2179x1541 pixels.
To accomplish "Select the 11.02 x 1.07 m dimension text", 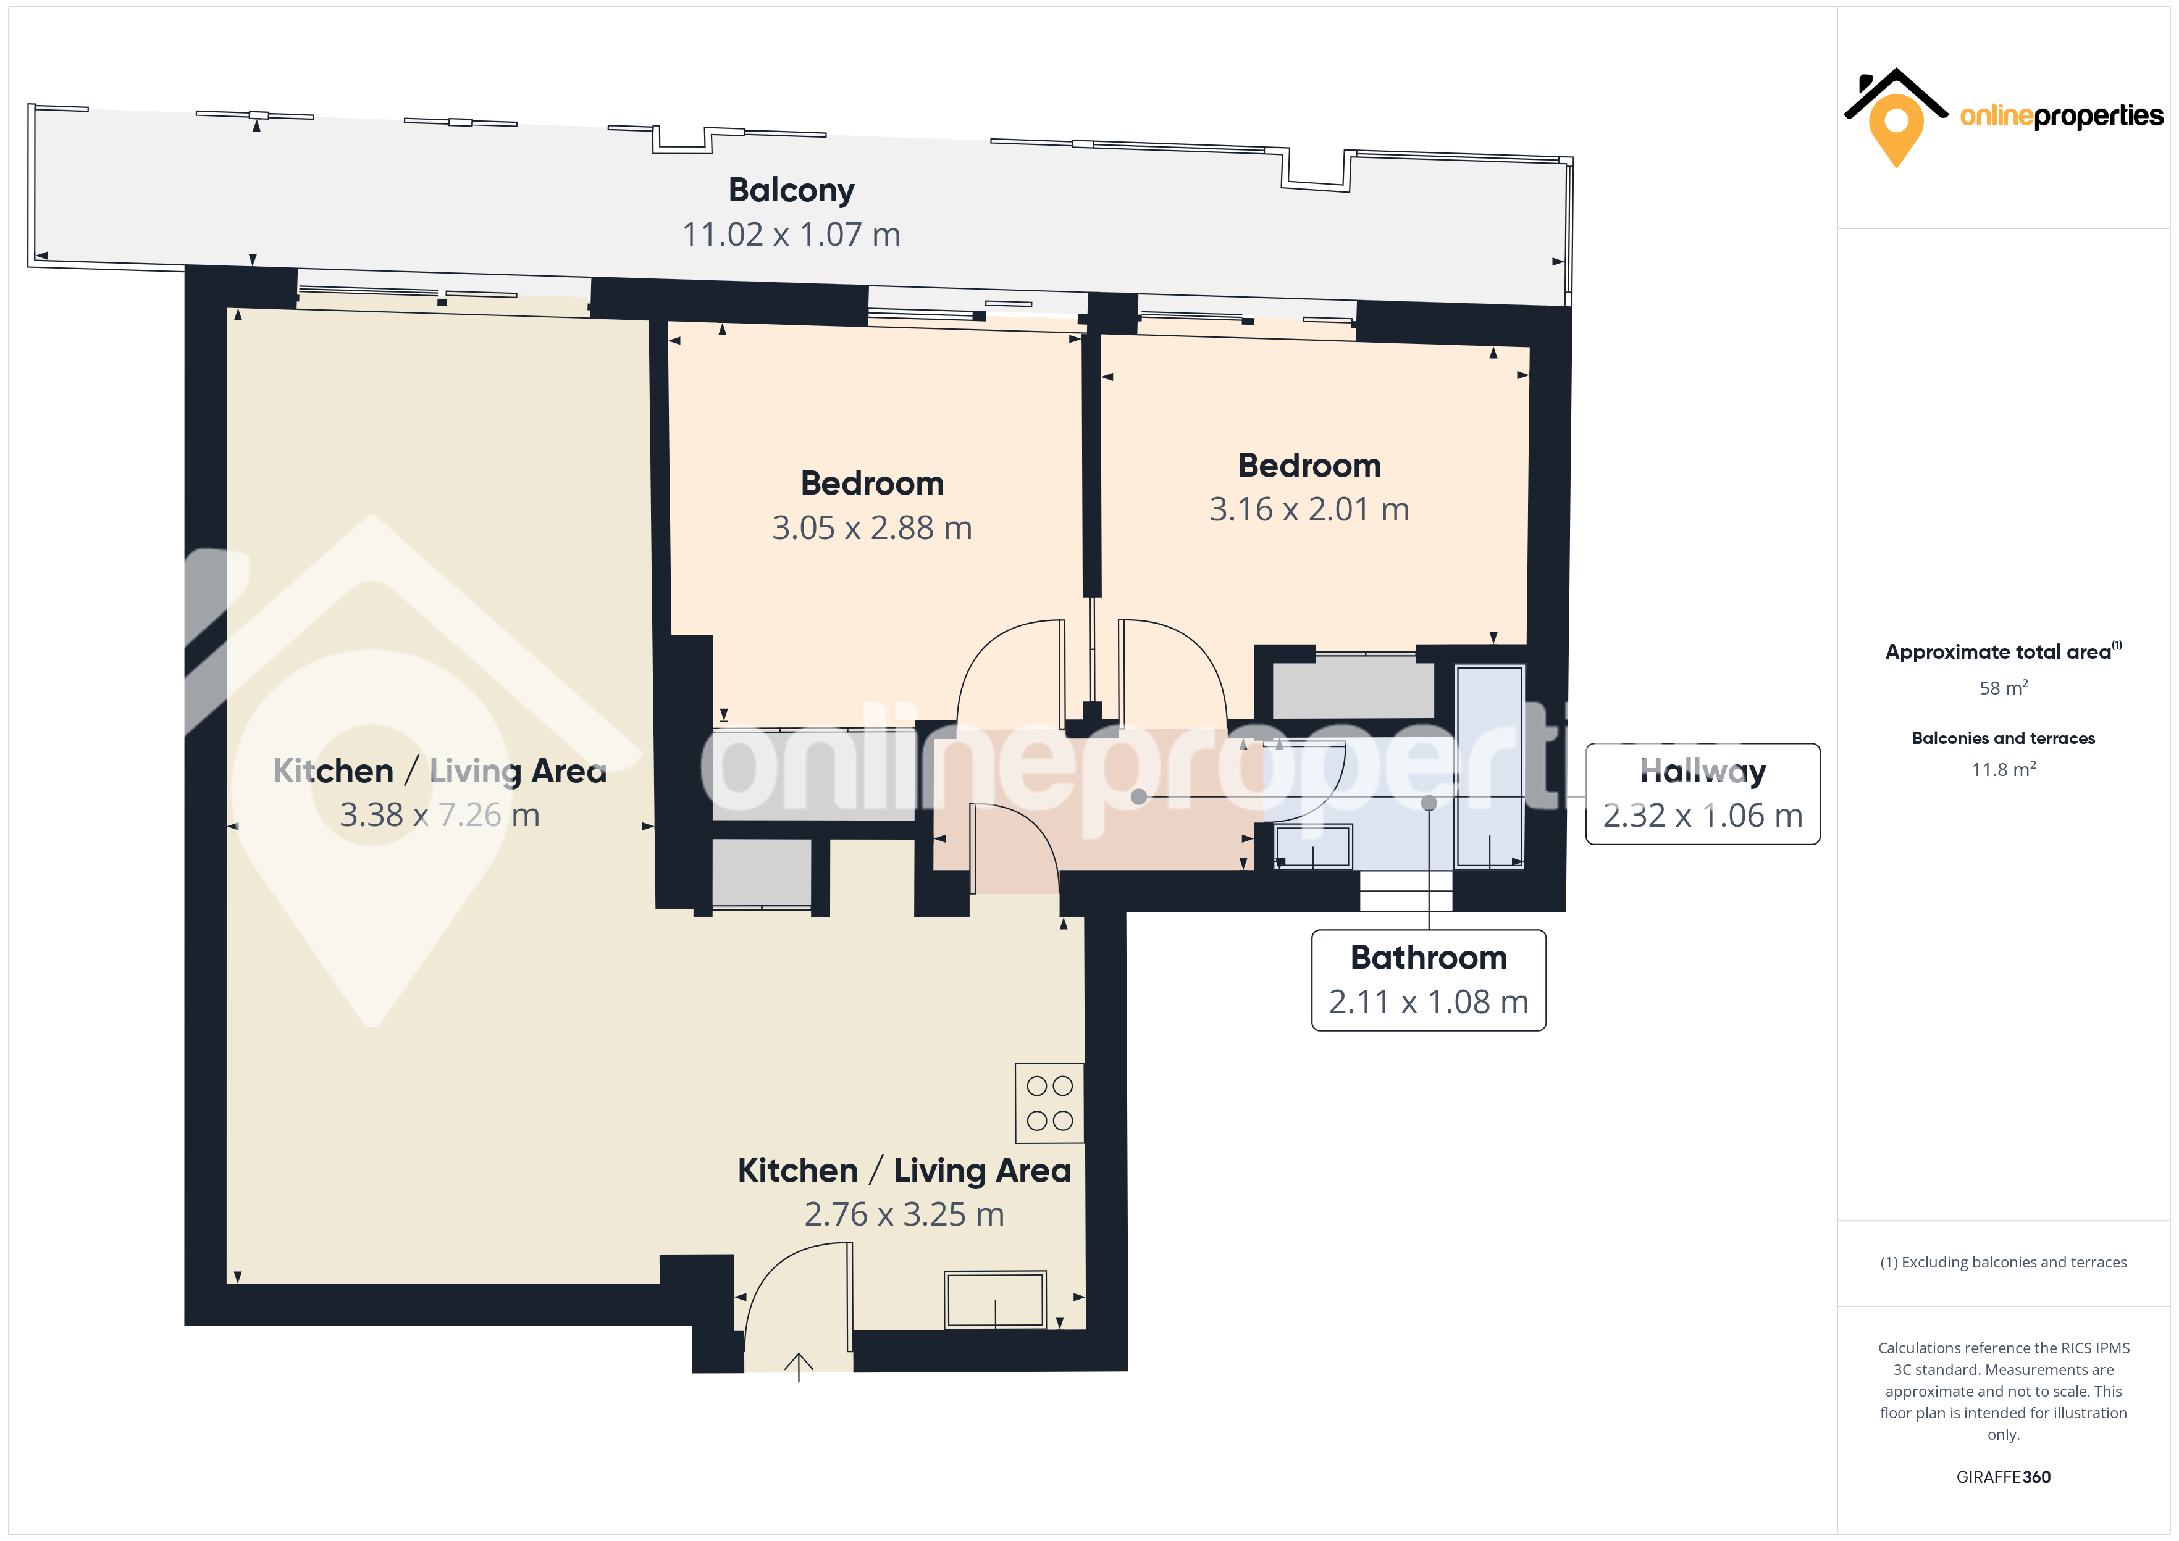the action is tap(792, 235).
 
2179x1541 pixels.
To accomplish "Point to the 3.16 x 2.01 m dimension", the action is tap(1309, 509).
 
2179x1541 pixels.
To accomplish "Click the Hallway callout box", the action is tap(1703, 794).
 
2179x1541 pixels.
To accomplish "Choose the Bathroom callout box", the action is tap(1429, 980).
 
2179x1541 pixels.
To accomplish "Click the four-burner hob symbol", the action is tap(1049, 1103).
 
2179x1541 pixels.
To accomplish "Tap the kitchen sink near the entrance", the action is tap(994, 1299).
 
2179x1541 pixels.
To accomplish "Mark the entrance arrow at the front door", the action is tap(799, 1366).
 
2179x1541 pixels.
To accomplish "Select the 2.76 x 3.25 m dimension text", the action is tap(904, 1214).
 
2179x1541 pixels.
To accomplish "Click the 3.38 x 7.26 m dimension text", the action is tap(439, 815).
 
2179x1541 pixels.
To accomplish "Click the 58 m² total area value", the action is tap(2004, 687).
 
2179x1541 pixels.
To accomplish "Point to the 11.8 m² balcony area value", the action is tap(2004, 769).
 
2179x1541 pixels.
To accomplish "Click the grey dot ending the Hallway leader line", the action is tap(1139, 797).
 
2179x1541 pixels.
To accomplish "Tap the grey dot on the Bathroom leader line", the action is tap(1429, 803).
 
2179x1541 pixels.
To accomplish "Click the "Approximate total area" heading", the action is tap(1998, 652).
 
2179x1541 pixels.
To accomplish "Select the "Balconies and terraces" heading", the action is tap(2004, 738).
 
